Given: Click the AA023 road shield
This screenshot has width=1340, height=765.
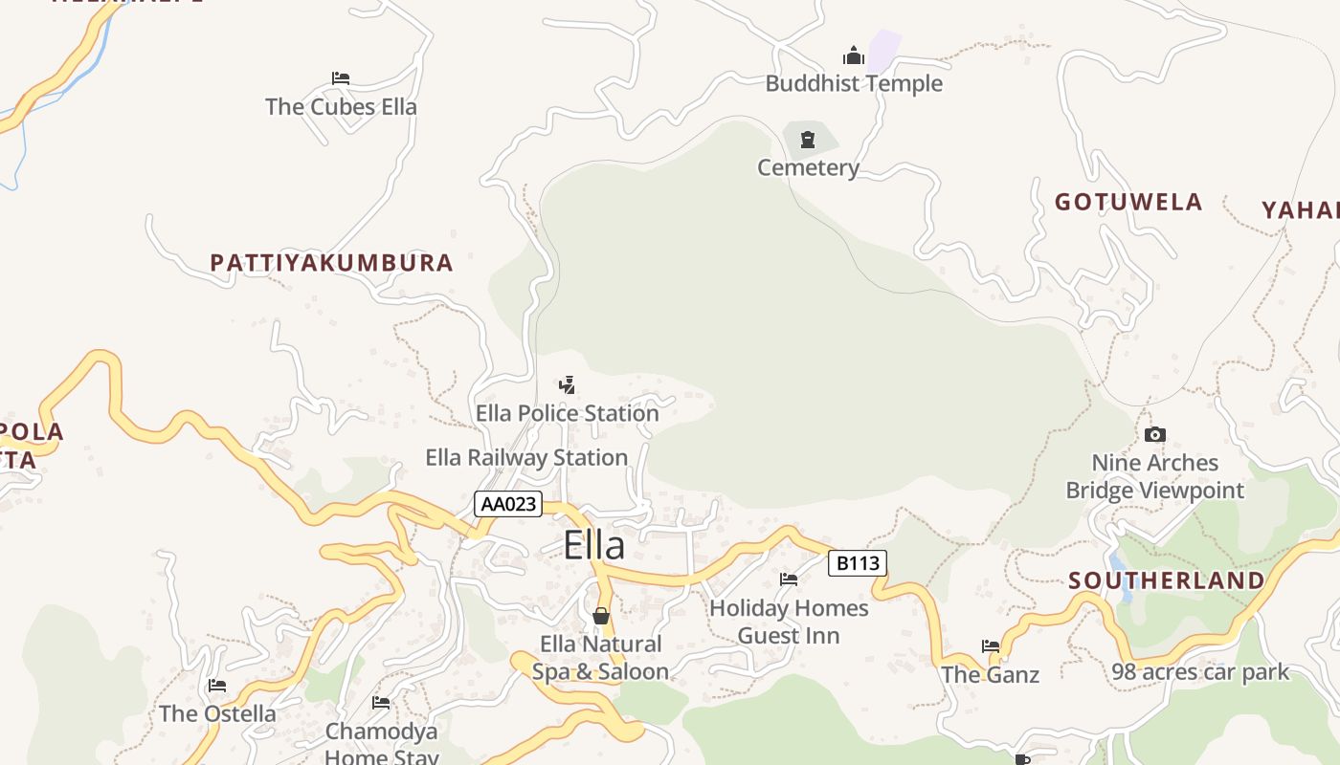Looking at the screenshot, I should pyautogui.click(x=508, y=504).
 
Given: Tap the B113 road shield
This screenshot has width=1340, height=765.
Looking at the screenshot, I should pyautogui.click(x=858, y=563).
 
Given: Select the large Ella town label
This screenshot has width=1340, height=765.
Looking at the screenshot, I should pyautogui.click(x=594, y=545).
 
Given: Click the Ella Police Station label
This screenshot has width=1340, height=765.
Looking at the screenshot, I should pyautogui.click(x=568, y=413).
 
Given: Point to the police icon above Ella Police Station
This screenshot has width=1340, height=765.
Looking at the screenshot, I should pyautogui.click(x=568, y=385).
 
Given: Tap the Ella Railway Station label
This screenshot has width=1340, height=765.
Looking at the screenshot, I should pyautogui.click(x=526, y=457).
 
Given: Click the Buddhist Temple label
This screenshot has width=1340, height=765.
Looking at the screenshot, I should pyautogui.click(x=854, y=83).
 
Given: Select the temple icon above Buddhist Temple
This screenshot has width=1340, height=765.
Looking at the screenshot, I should pyautogui.click(x=853, y=55).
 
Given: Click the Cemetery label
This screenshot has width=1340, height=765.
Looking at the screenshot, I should pyautogui.click(x=808, y=167).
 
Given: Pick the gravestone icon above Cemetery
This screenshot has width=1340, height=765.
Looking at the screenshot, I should pyautogui.click(x=809, y=141).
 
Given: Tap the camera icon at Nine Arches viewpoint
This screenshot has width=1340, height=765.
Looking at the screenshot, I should pyautogui.click(x=1154, y=435).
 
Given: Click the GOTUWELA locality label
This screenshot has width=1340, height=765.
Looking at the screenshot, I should pyautogui.click(x=1128, y=202).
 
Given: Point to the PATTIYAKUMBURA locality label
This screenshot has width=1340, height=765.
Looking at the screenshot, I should pyautogui.click(x=331, y=263).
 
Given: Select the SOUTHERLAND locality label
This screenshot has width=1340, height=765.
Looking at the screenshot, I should pyautogui.click(x=1167, y=580).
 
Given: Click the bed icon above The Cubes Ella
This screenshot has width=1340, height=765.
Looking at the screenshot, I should pyautogui.click(x=341, y=78).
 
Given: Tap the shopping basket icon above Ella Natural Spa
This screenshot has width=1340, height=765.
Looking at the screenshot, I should pyautogui.click(x=601, y=616).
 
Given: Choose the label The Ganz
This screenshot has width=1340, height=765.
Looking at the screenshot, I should pyautogui.click(x=990, y=674).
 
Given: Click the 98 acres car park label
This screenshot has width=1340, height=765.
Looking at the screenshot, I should pyautogui.click(x=1200, y=672).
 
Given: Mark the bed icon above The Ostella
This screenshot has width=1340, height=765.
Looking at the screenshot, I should pyautogui.click(x=217, y=686).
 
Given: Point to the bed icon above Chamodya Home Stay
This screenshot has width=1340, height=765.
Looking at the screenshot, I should pyautogui.click(x=381, y=704).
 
